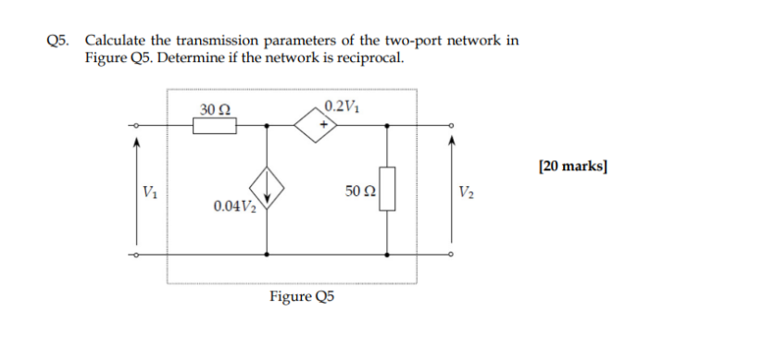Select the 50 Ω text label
(x=360, y=192)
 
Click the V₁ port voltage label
(x=150, y=192)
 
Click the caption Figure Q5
(x=302, y=297)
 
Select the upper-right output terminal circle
(x=451, y=125)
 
